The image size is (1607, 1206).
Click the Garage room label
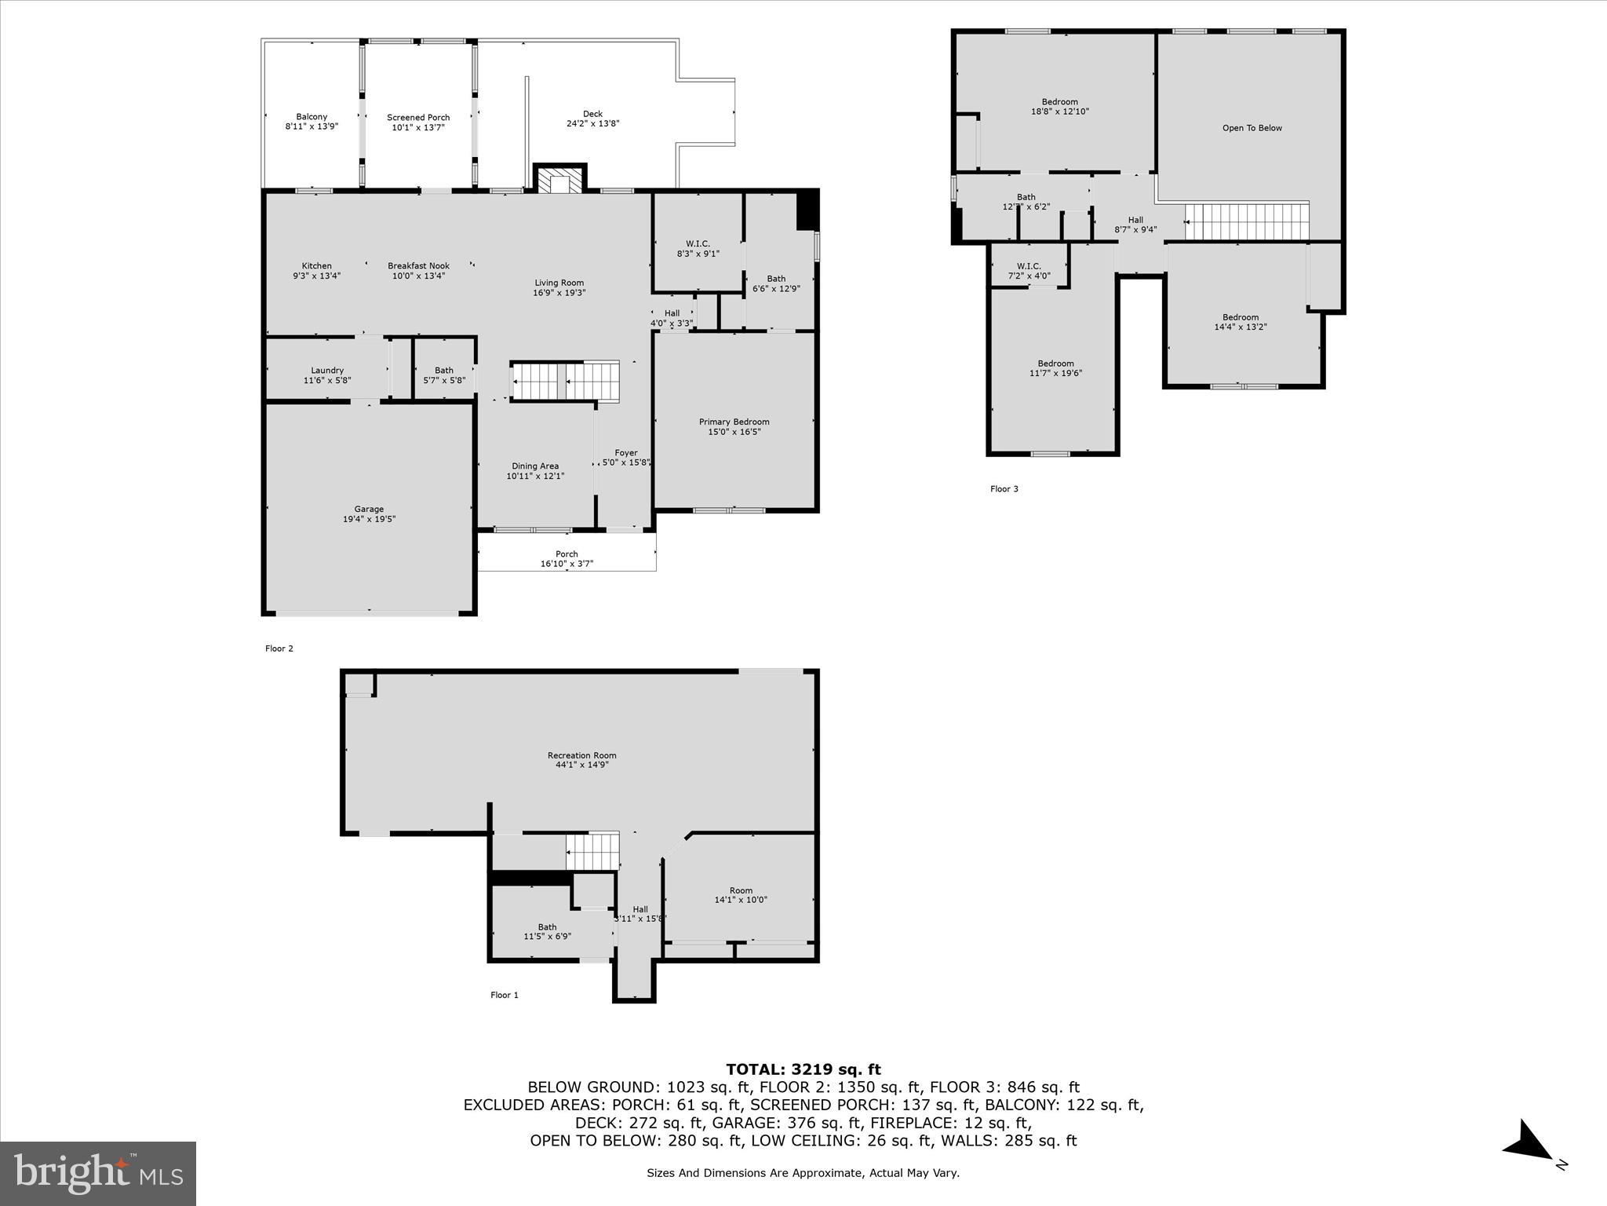[x=369, y=509]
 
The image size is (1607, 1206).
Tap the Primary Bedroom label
[x=734, y=422]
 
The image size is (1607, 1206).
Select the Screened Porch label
[x=418, y=118]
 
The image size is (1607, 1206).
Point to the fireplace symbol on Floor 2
[x=559, y=180]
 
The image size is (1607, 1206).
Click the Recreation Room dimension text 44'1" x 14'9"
[x=582, y=765]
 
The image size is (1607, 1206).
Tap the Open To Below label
[x=1252, y=128]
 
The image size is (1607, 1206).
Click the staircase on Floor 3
[x=1248, y=222]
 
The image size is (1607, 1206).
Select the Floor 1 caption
[x=505, y=995]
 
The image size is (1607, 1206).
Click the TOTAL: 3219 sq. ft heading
[x=803, y=1069]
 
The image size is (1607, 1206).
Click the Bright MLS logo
[x=98, y=1173]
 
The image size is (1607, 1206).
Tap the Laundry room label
[x=327, y=371]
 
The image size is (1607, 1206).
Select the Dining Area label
[x=535, y=466]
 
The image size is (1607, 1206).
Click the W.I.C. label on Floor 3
[x=1029, y=266]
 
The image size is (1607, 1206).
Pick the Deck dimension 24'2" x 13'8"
[x=593, y=123]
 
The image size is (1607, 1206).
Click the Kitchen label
[x=317, y=266]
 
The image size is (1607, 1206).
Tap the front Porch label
[x=567, y=554]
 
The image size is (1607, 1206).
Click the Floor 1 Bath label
[x=547, y=927]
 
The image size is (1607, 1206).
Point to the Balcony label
[x=312, y=117]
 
